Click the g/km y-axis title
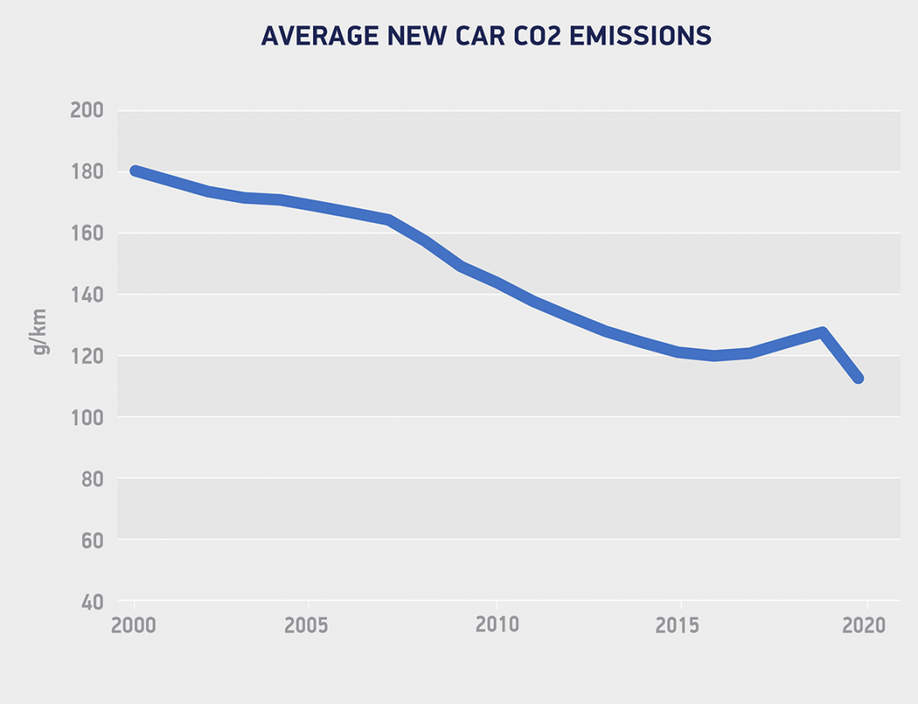point(40,333)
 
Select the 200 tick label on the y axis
point(86,111)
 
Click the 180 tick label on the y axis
point(86,172)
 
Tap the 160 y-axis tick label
point(86,234)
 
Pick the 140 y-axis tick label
point(86,295)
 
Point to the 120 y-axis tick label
point(86,356)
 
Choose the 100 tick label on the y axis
point(86,418)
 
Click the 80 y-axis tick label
point(91,479)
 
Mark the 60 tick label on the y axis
point(91,541)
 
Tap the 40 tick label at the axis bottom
point(91,602)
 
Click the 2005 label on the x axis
point(307,625)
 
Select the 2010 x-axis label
point(497,625)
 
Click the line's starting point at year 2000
point(136,171)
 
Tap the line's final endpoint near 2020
point(858,378)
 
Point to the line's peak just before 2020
point(823,333)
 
